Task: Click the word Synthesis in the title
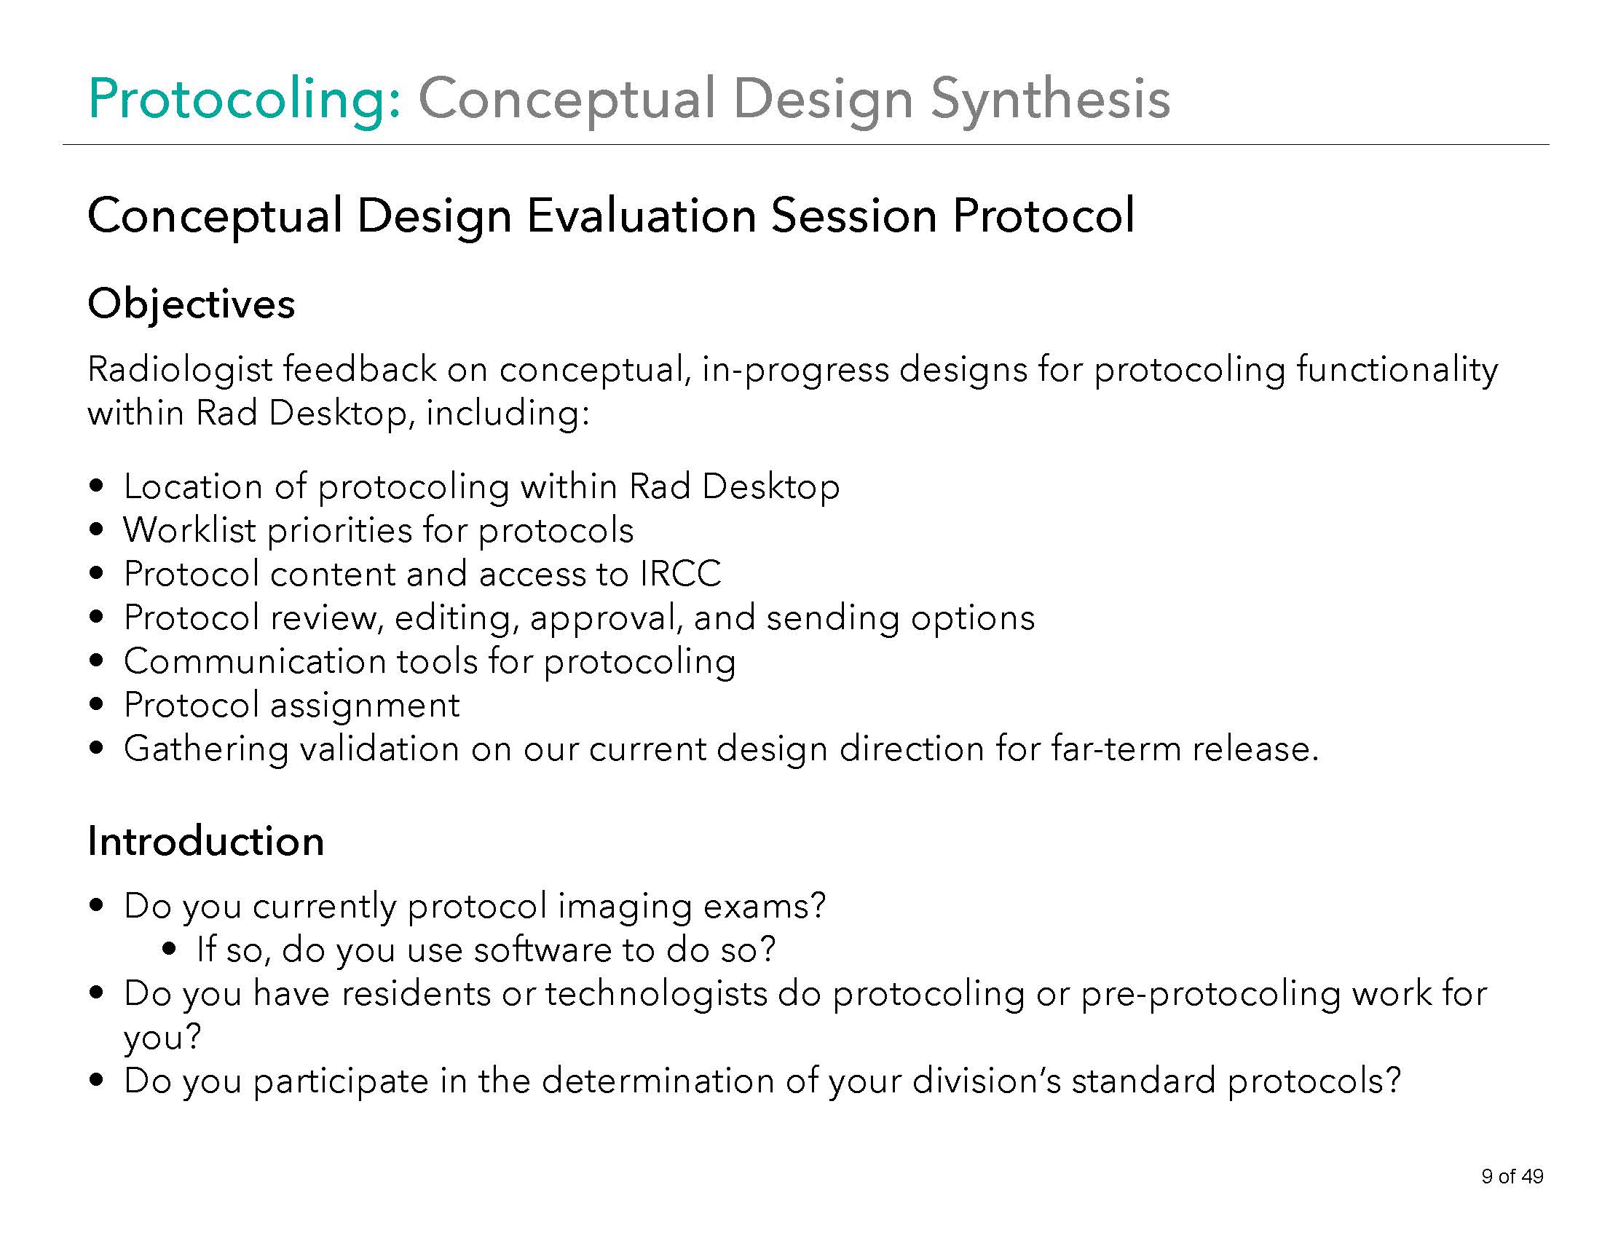(x=1049, y=99)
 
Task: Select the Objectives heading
(x=191, y=304)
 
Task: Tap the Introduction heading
(x=205, y=840)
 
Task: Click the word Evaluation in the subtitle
(x=640, y=216)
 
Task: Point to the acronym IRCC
(x=680, y=574)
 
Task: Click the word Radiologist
(x=180, y=369)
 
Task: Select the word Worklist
(x=189, y=530)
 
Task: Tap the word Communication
(x=255, y=661)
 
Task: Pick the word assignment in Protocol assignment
(x=365, y=706)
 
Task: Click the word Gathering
(x=205, y=749)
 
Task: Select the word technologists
(x=656, y=994)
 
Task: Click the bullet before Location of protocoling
(x=96, y=486)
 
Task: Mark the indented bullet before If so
(x=170, y=950)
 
